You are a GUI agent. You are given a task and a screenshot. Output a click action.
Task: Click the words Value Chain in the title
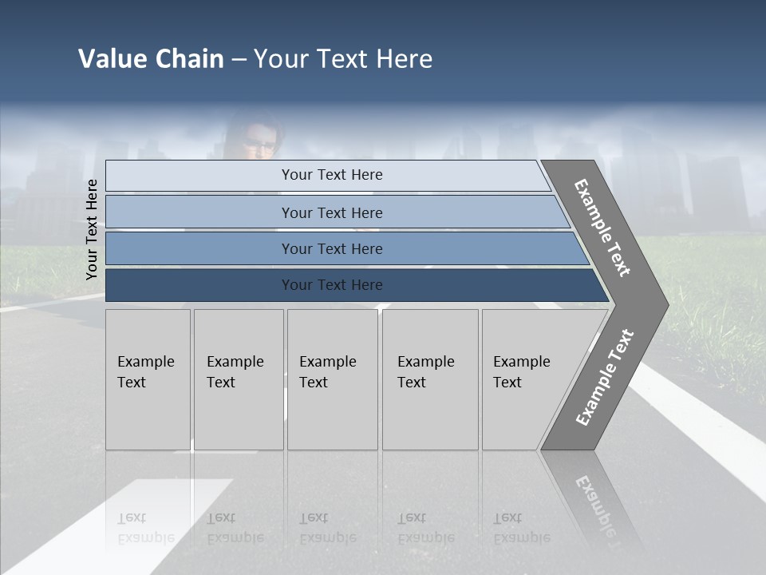(151, 59)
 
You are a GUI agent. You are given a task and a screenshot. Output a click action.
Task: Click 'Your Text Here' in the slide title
(343, 59)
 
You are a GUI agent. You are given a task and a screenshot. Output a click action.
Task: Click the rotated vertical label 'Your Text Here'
(92, 229)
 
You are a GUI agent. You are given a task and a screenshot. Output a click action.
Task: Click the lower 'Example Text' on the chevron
(605, 377)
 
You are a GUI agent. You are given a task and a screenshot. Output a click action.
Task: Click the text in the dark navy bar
(332, 285)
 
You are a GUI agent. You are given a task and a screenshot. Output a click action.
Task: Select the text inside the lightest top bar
(332, 175)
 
